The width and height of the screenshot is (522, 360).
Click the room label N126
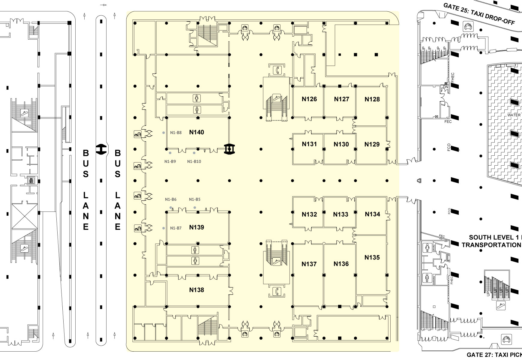[x=309, y=99]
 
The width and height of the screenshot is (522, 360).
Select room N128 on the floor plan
[x=372, y=99]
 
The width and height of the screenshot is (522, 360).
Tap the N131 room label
[x=309, y=144]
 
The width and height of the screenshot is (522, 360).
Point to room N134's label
[x=372, y=214]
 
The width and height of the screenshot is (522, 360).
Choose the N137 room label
[x=309, y=264]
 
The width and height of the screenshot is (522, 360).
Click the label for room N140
[x=196, y=132]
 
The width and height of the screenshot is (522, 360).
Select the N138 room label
[x=196, y=290]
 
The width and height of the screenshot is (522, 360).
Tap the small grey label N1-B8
[x=176, y=133]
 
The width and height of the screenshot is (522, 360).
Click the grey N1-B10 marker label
[x=194, y=161]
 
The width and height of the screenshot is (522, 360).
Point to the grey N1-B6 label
[x=171, y=199]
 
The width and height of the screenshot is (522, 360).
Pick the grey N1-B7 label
[x=176, y=228]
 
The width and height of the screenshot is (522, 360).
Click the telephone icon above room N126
[x=277, y=70]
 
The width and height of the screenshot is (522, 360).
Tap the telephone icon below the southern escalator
[x=277, y=291]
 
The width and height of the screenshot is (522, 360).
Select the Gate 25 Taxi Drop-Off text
[x=479, y=14]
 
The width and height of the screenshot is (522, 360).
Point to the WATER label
[x=514, y=115]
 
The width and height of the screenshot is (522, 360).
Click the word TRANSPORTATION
[x=491, y=245]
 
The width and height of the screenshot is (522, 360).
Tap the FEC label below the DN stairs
[x=448, y=121]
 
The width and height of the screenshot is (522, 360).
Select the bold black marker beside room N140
[x=230, y=149]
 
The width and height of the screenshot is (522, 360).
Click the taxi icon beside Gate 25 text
[x=468, y=26]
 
